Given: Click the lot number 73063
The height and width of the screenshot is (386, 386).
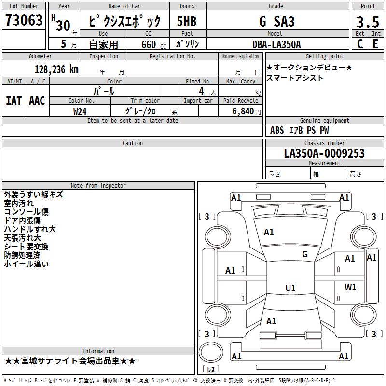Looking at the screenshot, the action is (x=24, y=20).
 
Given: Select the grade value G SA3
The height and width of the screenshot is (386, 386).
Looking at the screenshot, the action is (x=277, y=21).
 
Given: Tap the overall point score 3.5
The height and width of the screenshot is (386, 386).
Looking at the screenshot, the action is (x=368, y=22).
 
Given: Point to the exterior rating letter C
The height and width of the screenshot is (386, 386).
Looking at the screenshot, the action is (x=360, y=44).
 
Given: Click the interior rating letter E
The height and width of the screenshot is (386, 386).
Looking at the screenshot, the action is (x=375, y=44).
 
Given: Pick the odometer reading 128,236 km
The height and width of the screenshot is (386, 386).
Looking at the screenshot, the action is (x=56, y=69).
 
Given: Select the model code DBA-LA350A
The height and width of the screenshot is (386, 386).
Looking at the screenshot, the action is (x=276, y=44).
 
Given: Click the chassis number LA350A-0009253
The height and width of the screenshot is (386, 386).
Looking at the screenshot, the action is (x=324, y=153).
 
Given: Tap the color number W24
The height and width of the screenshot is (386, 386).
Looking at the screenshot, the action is (x=80, y=111).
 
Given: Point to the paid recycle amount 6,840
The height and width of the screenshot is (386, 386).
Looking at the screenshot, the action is (x=243, y=111).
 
